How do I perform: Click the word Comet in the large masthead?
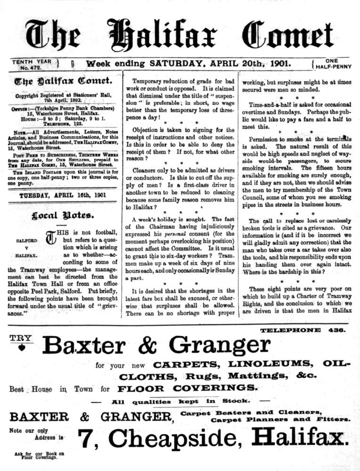point(281,36)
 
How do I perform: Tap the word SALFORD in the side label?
point(27,241)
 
